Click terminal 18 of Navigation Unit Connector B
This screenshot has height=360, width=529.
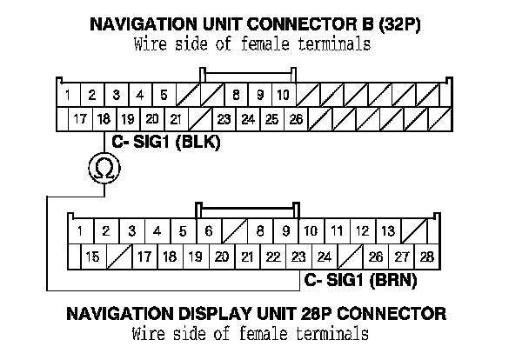point(104,119)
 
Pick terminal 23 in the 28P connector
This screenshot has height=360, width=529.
point(298,257)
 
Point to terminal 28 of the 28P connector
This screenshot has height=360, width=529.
point(426,257)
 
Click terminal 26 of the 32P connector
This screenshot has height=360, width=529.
point(295,119)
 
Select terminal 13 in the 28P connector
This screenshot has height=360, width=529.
point(388,231)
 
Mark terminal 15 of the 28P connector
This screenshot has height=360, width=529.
point(92,257)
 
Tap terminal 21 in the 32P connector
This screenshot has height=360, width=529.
point(175,119)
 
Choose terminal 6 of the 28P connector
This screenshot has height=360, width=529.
point(207,231)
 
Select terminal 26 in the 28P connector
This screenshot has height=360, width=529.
point(376,257)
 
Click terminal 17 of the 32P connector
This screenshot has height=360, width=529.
point(80,119)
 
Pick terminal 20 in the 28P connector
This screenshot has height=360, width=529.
point(221,257)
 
